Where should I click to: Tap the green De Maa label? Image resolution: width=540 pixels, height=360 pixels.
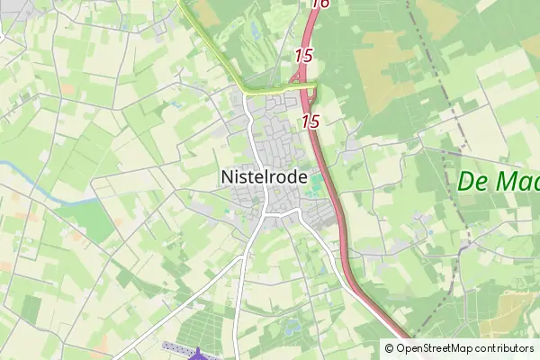coord(498,181)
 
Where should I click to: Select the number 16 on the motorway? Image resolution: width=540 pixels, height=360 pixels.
coord(319,4)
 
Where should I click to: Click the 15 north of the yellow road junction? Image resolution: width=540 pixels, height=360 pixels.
coord(303,56)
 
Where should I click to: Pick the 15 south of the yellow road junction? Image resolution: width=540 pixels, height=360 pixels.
coord(311,121)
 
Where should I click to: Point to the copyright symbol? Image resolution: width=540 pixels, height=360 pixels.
coord(389,348)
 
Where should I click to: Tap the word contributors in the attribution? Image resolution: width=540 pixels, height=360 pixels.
coord(504,348)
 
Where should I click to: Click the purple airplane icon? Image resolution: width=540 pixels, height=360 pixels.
coord(199,355)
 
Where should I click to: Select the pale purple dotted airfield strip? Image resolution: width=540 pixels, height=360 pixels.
coord(175,346)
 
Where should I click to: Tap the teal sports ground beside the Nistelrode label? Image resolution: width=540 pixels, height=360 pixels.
coord(317,187)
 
